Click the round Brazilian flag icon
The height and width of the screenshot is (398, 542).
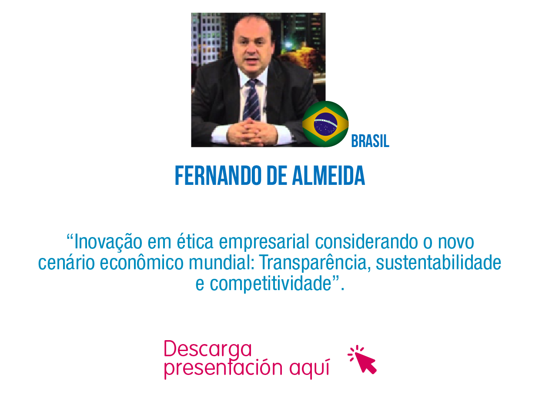(325, 124)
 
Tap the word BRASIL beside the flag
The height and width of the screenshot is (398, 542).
(370, 141)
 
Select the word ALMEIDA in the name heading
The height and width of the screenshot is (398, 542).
(328, 176)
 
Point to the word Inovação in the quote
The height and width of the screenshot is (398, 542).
(108, 242)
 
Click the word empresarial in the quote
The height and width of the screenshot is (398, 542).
(264, 242)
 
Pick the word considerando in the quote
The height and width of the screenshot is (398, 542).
(367, 242)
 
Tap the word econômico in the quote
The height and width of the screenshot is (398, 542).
(141, 263)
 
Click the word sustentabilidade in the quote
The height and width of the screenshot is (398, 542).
(438, 263)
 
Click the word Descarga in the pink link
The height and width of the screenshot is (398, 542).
(208, 349)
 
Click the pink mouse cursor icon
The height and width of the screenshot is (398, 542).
(362, 360)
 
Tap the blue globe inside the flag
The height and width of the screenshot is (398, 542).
(325, 124)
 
